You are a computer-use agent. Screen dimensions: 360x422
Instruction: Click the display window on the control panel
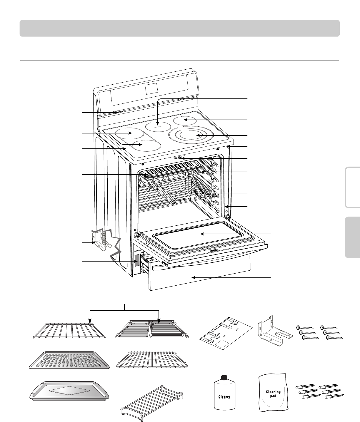[x=152, y=88]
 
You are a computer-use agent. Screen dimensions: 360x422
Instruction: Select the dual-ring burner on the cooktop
[x=191, y=135]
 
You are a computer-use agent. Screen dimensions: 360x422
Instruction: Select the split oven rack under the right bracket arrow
[x=153, y=330]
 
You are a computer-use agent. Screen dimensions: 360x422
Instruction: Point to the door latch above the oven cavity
[x=179, y=158]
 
